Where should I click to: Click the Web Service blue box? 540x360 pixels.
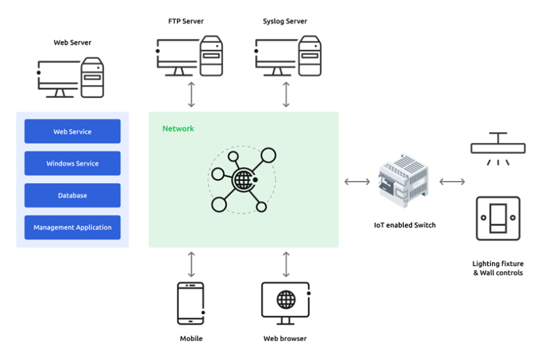tap(72, 132)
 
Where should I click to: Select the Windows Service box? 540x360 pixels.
tap(72, 163)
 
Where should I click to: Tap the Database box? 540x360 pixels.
tap(72, 195)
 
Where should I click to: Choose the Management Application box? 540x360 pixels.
tap(72, 228)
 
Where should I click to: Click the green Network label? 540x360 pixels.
tap(178, 128)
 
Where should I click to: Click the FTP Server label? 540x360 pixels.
tap(187, 22)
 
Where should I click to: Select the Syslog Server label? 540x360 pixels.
tap(285, 22)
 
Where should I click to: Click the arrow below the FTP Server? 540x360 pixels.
tap(192, 95)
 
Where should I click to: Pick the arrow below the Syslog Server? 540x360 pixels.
tap(286, 95)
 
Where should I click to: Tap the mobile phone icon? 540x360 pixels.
tap(191, 303)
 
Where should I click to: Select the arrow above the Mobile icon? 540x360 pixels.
tap(192, 264)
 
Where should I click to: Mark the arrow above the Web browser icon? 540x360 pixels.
tap(286, 264)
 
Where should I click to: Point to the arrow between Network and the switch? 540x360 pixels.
tap(357, 182)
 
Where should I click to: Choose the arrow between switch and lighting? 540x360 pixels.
tap(452, 182)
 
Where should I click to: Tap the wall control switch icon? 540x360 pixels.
tap(498, 218)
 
